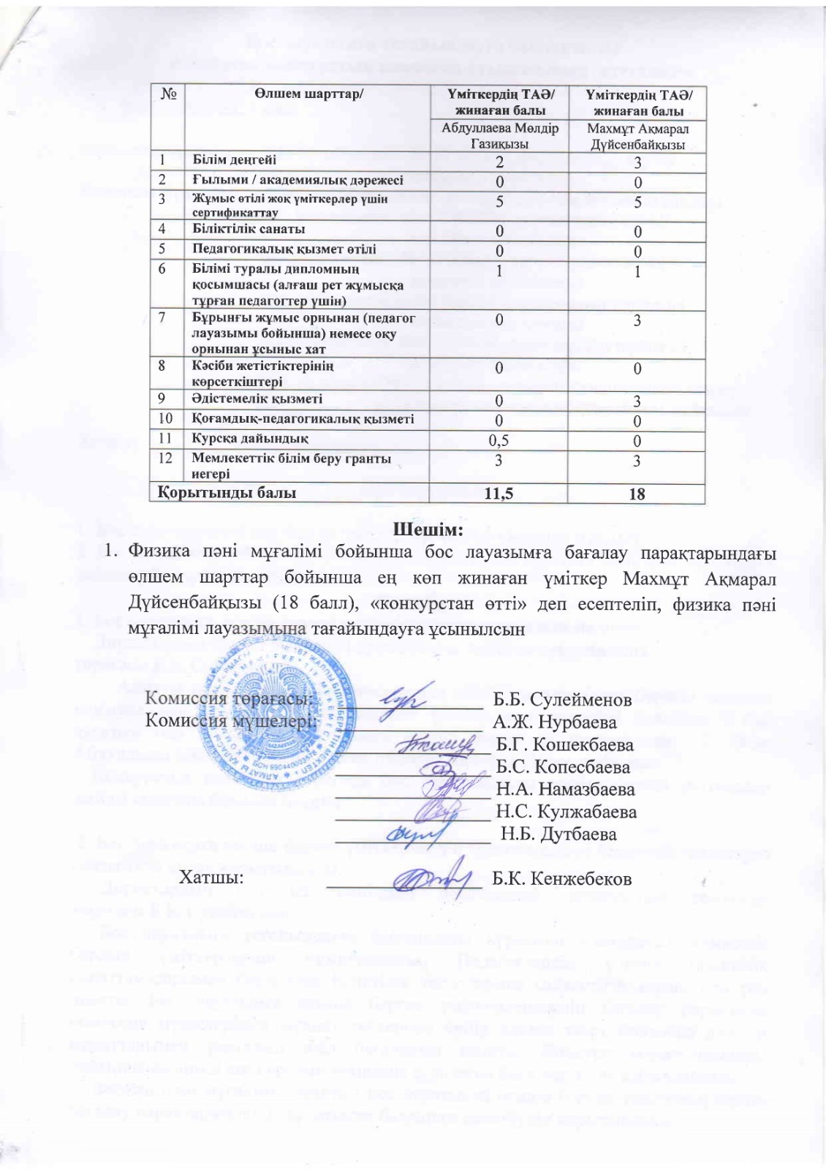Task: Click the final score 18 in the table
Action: tap(637, 494)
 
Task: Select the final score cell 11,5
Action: tap(499, 494)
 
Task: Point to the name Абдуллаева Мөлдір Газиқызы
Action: tap(499, 135)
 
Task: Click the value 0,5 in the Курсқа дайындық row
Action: tap(499, 441)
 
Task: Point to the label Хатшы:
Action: tap(212, 877)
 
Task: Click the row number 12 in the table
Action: tap(167, 458)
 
